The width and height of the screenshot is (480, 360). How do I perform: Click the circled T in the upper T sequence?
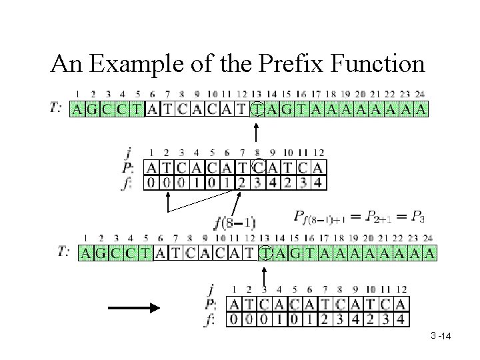coord(257,109)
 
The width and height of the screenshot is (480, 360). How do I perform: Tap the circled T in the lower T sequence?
coord(265,253)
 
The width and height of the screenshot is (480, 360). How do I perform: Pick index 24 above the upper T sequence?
coord(419,94)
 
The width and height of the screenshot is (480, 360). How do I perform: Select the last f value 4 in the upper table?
coord(318,181)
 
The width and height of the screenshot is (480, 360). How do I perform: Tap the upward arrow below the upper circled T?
coord(257,134)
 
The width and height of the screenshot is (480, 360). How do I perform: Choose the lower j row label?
coord(211,290)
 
